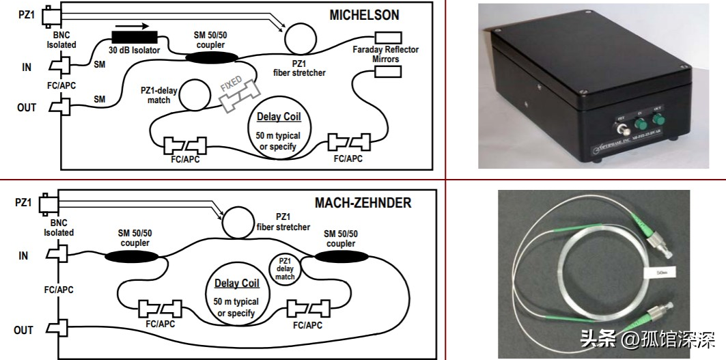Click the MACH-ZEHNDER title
coord(363,203)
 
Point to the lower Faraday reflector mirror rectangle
coord(386,71)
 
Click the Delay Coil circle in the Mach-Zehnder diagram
coord(236,296)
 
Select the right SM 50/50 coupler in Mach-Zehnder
coord(340,258)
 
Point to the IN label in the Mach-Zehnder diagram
coord(24,255)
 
